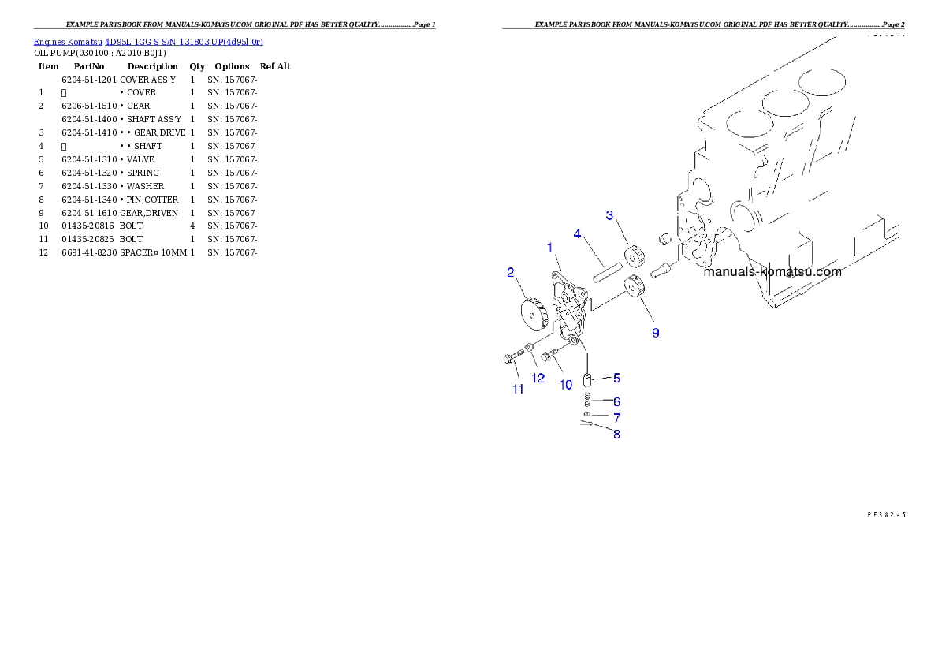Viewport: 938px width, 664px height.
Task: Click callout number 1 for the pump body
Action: tap(550, 248)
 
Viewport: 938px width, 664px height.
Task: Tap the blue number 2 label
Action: tap(511, 273)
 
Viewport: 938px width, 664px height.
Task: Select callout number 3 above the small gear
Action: tap(609, 215)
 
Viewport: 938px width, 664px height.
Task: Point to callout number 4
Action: tap(577, 234)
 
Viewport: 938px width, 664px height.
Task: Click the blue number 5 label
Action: tap(616, 378)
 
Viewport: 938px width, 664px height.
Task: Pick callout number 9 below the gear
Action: tap(655, 333)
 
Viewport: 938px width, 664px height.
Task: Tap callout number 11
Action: tap(518, 389)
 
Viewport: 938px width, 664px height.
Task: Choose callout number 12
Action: tap(538, 378)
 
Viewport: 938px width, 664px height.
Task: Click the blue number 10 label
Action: tap(566, 385)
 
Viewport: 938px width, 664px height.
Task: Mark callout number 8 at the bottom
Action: tap(616, 434)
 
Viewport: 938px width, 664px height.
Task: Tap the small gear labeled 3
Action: tap(633, 256)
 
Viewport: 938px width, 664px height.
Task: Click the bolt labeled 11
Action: tap(509, 360)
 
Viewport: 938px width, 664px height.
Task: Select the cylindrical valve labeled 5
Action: tap(588, 381)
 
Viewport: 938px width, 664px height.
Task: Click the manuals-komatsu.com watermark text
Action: tap(772, 272)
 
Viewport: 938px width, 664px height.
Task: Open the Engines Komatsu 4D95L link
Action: tap(148, 41)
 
